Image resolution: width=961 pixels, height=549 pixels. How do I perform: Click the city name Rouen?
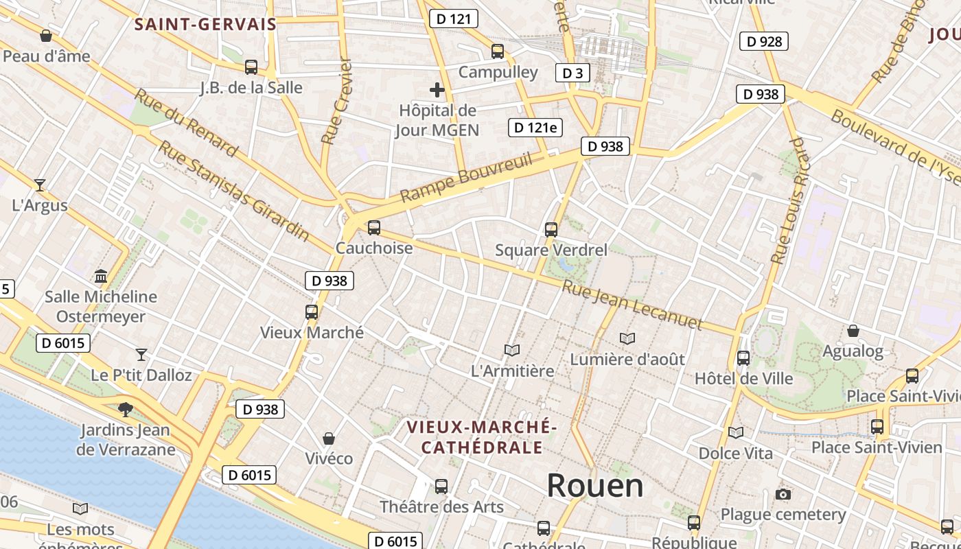click(595, 486)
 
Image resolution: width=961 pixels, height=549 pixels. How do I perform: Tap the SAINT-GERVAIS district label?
click(205, 25)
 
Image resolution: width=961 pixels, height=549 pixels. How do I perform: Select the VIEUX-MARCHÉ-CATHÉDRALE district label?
click(481, 437)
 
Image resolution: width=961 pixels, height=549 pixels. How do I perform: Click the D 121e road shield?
click(535, 127)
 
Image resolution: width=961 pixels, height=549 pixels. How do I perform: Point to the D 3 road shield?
click(572, 73)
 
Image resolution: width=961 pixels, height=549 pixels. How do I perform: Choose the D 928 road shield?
click(764, 41)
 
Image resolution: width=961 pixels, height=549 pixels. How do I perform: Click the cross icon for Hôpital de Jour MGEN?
click(437, 90)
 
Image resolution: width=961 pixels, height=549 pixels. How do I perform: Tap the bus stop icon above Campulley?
click(498, 51)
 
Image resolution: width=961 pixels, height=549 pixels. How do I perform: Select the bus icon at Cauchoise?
click(374, 227)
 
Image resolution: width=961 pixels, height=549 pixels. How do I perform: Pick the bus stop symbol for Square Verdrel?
click(551, 230)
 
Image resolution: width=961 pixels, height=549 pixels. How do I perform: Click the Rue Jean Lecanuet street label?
click(632, 305)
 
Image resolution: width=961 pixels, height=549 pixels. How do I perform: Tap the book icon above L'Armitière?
click(512, 350)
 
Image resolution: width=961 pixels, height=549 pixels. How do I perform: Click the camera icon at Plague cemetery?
click(783, 494)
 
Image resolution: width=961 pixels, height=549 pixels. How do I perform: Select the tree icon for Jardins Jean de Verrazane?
click(125, 410)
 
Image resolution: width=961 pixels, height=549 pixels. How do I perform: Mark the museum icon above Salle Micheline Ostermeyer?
click(101, 276)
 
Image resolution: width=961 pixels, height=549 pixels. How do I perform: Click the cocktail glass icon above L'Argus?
click(40, 185)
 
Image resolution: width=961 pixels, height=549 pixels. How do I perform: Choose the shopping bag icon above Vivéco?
click(329, 439)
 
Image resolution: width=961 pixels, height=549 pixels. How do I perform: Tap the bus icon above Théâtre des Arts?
click(441, 487)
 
